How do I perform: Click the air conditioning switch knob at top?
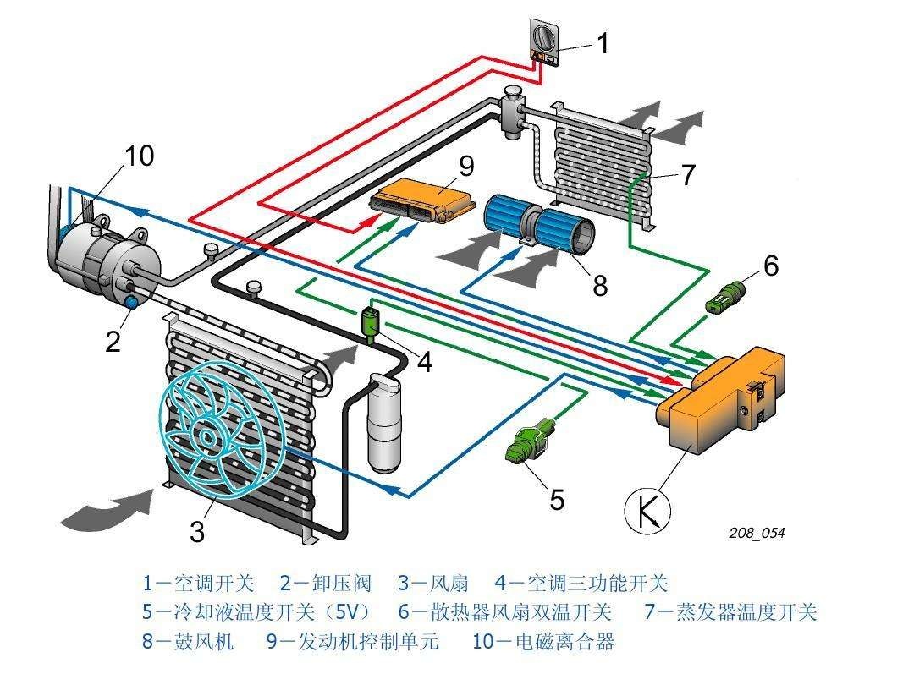[x=542, y=38]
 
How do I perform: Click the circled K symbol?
[x=647, y=512]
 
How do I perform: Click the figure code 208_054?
[x=757, y=533]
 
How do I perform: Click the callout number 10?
[x=140, y=156]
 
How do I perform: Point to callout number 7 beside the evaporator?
[x=687, y=175]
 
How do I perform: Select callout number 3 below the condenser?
[x=196, y=531]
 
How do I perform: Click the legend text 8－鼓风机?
[x=188, y=641]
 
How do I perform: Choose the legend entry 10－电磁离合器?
[x=543, y=641]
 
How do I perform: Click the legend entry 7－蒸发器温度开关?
[x=730, y=611]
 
